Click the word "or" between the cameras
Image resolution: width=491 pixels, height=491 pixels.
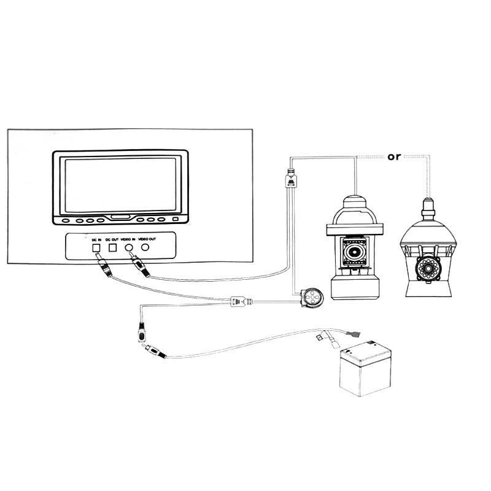pyautogui.click(x=394, y=157)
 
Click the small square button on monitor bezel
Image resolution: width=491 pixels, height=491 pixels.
pyautogui.click(x=176, y=219)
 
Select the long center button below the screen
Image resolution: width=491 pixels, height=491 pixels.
pyautogui.click(x=120, y=218)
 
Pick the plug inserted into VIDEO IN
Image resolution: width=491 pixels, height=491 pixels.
pyautogui.click(x=139, y=265)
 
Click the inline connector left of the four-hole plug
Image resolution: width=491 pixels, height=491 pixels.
pyautogui.click(x=239, y=301)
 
